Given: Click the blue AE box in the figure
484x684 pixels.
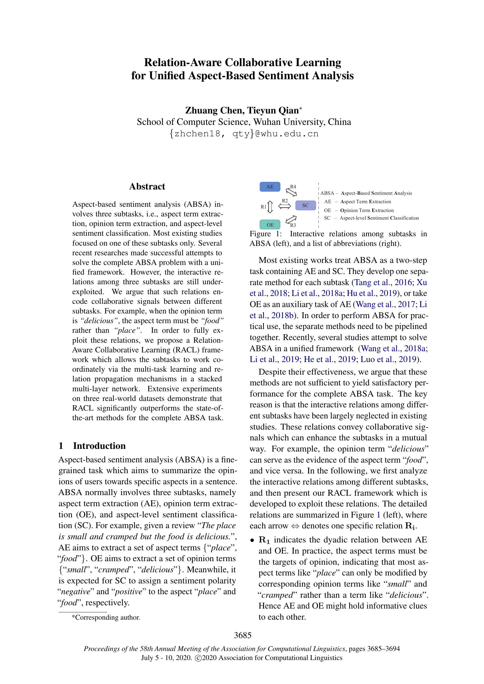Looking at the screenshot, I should pyautogui.click(x=270, y=187).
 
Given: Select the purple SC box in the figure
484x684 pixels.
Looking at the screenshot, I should pyautogui.click(x=305, y=205).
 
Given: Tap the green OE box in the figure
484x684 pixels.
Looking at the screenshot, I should pyautogui.click(x=270, y=225).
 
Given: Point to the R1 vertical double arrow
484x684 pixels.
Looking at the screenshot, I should pyautogui.click(x=270, y=207).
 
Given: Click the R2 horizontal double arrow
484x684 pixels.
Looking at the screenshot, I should pyautogui.click(x=285, y=206).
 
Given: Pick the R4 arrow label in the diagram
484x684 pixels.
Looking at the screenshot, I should pyautogui.click(x=293, y=187).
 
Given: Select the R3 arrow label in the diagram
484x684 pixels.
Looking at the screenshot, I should pyautogui.click(x=293, y=225).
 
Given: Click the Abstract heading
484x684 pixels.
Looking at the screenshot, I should pyautogui.click(x=147, y=187).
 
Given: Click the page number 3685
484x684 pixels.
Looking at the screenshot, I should pyautogui.click(x=242, y=635).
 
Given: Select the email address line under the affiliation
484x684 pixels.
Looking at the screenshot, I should pyautogui.click(x=244, y=134).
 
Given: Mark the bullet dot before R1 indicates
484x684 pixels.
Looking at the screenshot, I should pyautogui.click(x=252, y=540).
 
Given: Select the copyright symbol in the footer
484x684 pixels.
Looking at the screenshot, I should pyautogui.click(x=198, y=658).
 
